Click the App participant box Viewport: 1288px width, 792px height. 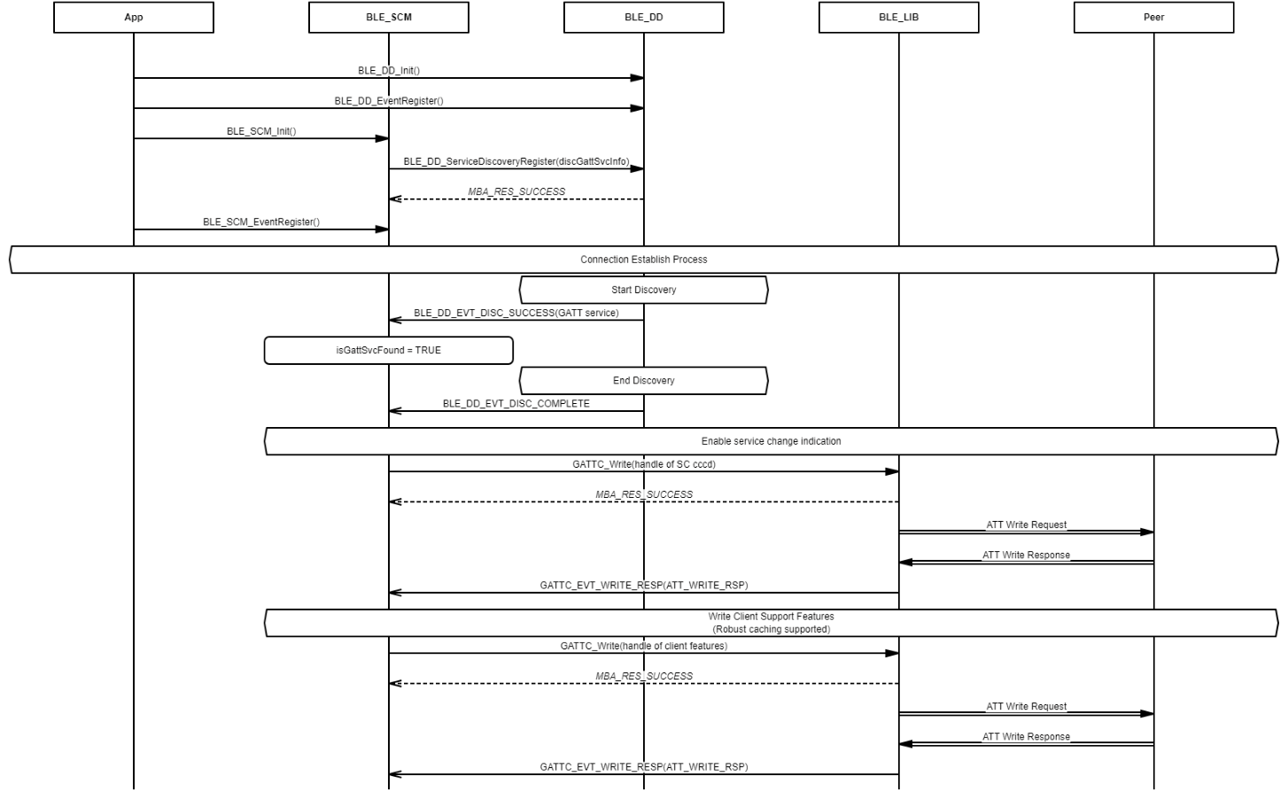tap(134, 17)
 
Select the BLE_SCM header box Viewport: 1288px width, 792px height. tap(389, 17)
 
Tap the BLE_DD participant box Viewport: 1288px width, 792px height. tap(643, 17)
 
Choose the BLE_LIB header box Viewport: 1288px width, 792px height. tap(899, 17)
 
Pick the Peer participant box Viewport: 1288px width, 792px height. tap(1153, 17)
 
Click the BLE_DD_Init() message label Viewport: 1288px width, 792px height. tap(389, 70)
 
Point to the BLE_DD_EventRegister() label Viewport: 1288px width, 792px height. tap(389, 101)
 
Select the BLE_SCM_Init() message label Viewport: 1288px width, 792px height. tap(261, 131)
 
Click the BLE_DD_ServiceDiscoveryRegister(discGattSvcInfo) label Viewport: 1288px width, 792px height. tap(516, 161)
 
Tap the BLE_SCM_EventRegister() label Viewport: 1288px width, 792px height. tap(261, 222)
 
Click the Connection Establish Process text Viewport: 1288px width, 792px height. tap(643, 260)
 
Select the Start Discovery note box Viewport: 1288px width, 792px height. tap(643, 290)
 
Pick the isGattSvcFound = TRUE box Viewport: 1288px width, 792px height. tap(389, 350)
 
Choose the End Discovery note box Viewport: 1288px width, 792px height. tap(643, 381)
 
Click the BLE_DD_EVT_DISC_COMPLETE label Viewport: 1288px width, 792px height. tap(516, 404)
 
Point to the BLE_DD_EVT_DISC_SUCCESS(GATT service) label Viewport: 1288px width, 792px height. tap(516, 313)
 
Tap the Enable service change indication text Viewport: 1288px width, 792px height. tap(771, 441)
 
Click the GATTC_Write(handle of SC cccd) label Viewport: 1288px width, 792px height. tap(644, 464)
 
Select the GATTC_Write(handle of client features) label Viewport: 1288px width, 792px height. tap(644, 646)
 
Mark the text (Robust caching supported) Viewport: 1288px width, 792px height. tap(771, 629)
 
